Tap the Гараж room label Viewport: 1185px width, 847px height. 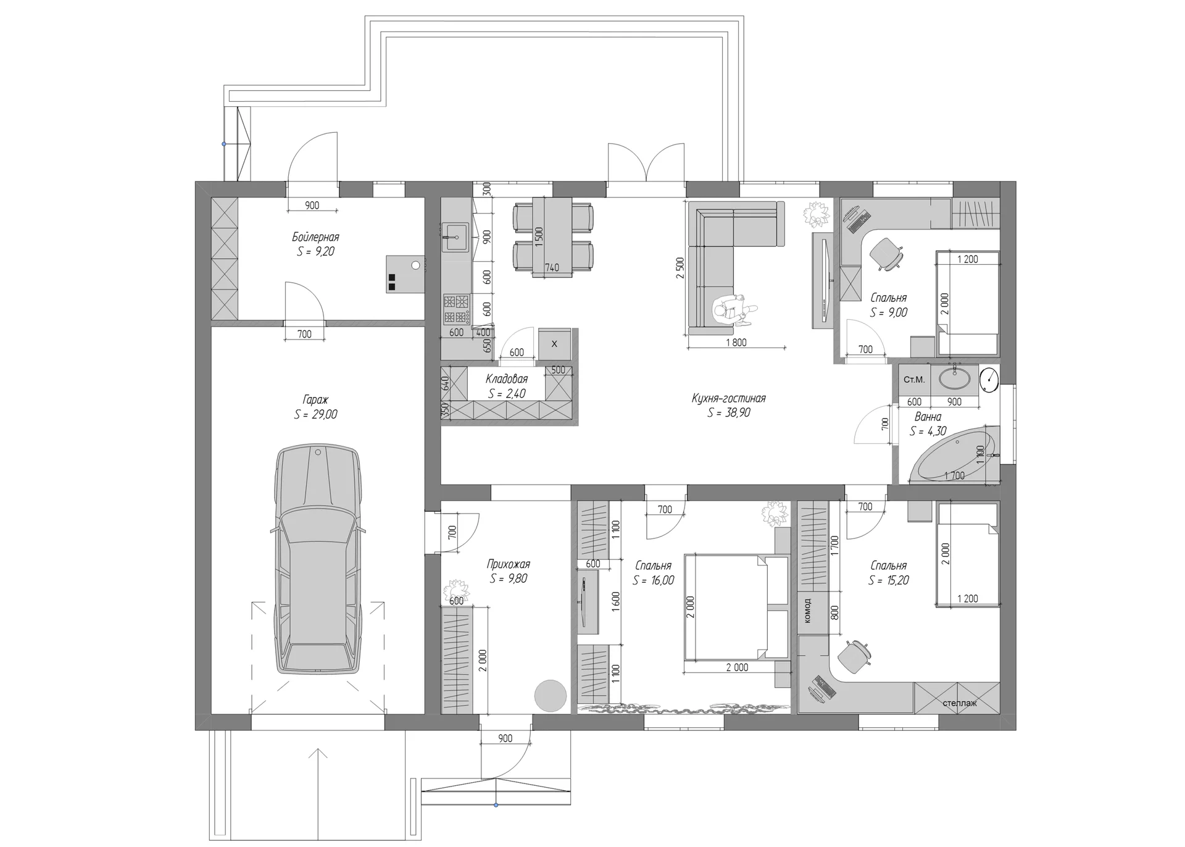[x=315, y=399]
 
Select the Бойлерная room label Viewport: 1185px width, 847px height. [x=315, y=237]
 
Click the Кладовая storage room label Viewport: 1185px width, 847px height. [x=506, y=379]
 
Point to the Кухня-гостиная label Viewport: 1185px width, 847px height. [x=728, y=398]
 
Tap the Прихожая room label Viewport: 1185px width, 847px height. [x=508, y=564]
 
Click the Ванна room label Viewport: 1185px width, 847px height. [x=928, y=417]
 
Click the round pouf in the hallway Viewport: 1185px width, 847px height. [x=550, y=696]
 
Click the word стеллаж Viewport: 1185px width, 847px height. [x=960, y=703]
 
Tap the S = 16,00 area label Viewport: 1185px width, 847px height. [x=653, y=580]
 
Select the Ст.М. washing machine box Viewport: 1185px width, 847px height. [x=914, y=379]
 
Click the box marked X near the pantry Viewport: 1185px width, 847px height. [x=554, y=344]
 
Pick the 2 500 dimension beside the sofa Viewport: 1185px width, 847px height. [x=680, y=268]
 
